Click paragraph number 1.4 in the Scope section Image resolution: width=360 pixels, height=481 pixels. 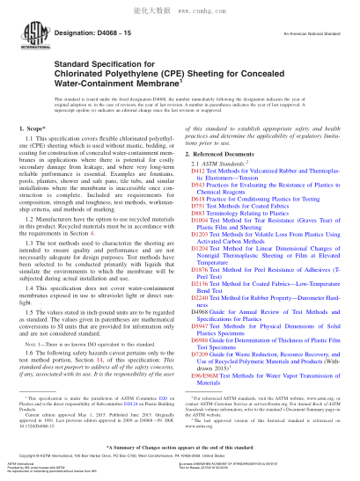(45, 287)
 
